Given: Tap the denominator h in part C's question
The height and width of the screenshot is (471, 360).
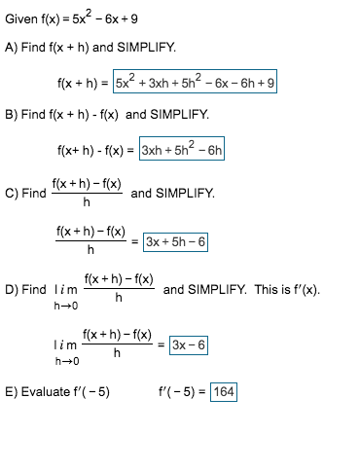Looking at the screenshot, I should point(87,202).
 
